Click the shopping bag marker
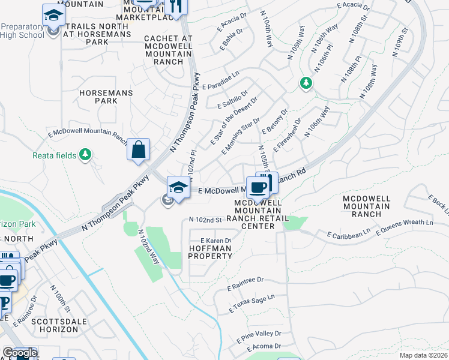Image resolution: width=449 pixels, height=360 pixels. point(138,150)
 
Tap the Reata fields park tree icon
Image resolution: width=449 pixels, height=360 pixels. point(86,155)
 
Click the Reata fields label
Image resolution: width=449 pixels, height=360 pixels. point(54,155)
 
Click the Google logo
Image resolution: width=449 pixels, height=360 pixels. point(20,353)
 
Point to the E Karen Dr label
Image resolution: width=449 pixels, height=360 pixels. point(215,240)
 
